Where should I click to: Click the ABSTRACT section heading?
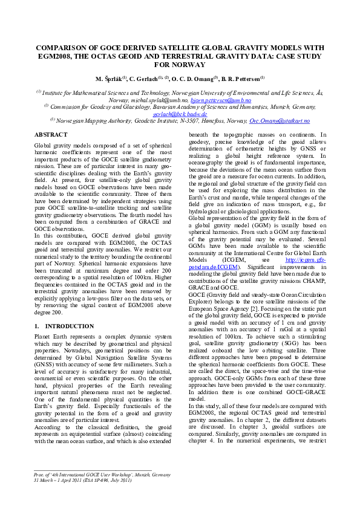(51, 134)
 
